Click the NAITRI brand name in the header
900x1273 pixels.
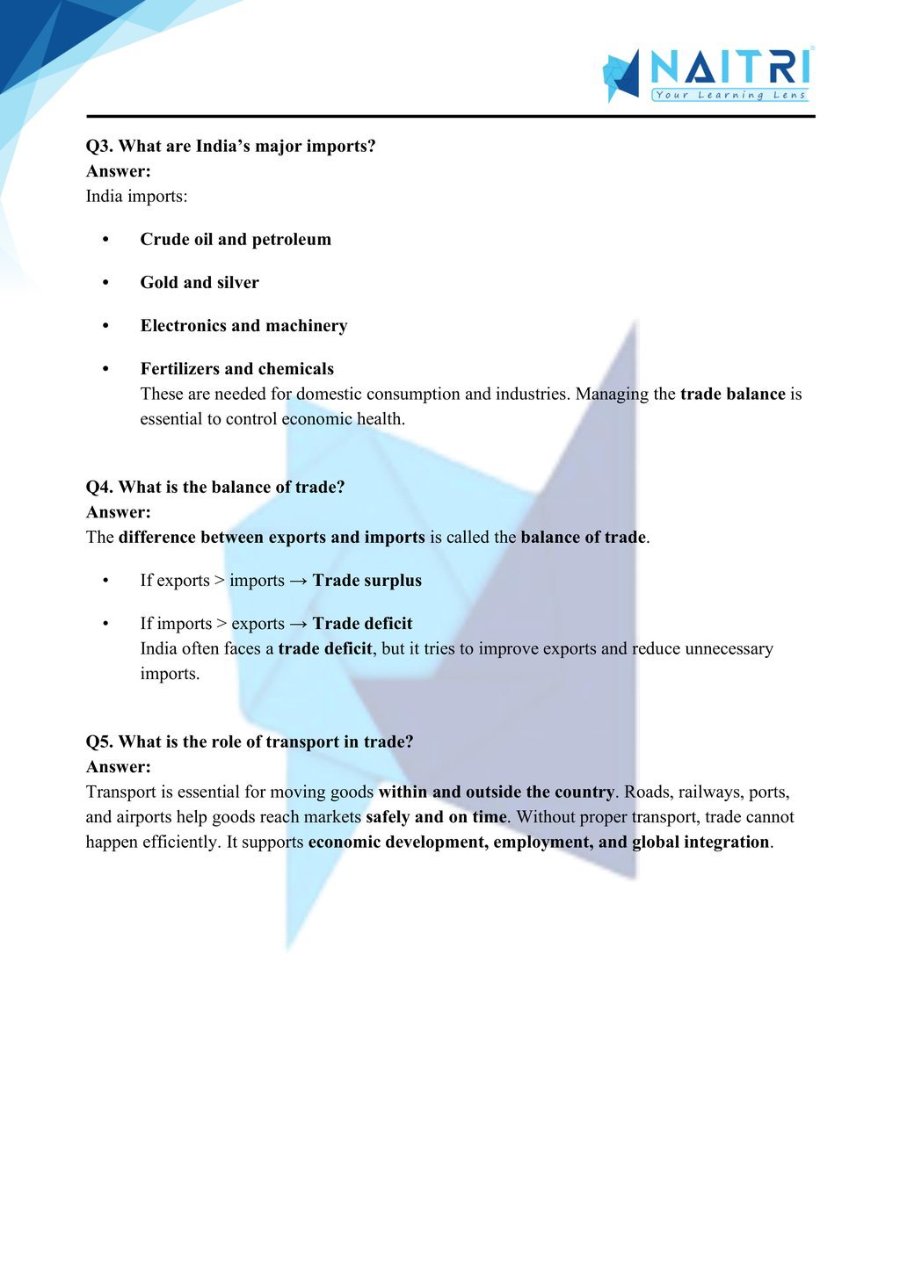[729, 66]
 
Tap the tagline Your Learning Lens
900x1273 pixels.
[729, 95]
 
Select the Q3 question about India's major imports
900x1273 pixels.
[230, 146]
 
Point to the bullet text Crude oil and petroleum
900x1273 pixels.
[236, 239]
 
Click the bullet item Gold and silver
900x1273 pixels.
[200, 282]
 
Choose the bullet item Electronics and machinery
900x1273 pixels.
[243, 325]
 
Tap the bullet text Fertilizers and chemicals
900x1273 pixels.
[236, 368]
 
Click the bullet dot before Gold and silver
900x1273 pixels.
[105, 283]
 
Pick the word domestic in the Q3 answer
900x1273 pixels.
[329, 394]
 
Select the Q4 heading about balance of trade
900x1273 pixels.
[215, 487]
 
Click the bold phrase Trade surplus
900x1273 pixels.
[367, 580]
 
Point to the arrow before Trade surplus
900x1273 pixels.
[299, 580]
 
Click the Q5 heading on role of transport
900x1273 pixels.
[250, 741]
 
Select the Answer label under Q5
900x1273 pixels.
[119, 766]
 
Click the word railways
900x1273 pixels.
[710, 792]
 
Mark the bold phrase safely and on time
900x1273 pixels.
[436, 816]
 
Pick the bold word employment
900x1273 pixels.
[541, 842]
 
